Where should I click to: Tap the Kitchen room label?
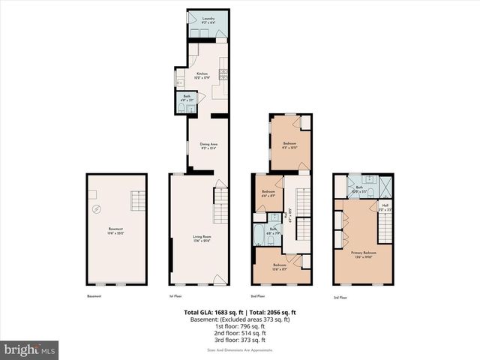click(x=200, y=74)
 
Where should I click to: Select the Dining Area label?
click(x=208, y=146)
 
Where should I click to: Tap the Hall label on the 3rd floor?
click(x=385, y=206)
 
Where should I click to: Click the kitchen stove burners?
click(x=223, y=73)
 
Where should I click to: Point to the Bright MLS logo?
click(x=30, y=349)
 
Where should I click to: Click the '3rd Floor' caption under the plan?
click(x=341, y=297)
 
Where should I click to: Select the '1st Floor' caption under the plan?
click(x=176, y=297)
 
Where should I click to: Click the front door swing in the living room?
click(x=218, y=280)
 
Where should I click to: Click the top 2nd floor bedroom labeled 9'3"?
click(x=289, y=145)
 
